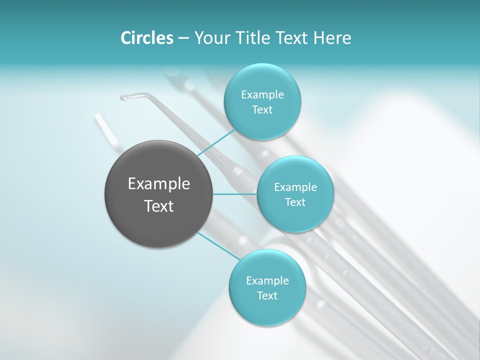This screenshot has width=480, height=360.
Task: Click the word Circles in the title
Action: tap(146, 38)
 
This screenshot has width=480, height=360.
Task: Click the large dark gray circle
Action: tap(158, 220)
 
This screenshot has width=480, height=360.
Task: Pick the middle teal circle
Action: tap(295, 217)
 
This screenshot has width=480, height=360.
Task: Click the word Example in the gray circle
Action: tap(159, 184)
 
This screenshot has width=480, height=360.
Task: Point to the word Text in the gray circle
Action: tap(159, 206)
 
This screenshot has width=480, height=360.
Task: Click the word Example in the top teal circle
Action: tap(262, 95)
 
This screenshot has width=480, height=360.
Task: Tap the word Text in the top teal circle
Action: tap(262, 110)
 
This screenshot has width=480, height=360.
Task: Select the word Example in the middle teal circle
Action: tap(295, 187)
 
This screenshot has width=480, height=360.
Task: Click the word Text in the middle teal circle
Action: tap(295, 202)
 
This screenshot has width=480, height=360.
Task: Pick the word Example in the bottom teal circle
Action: tap(267, 281)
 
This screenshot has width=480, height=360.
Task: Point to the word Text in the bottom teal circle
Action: tap(267, 296)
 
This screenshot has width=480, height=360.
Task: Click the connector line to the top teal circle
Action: tap(216, 142)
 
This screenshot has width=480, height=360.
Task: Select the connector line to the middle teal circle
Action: tap(235, 194)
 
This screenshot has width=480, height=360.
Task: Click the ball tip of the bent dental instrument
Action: tap(123, 97)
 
